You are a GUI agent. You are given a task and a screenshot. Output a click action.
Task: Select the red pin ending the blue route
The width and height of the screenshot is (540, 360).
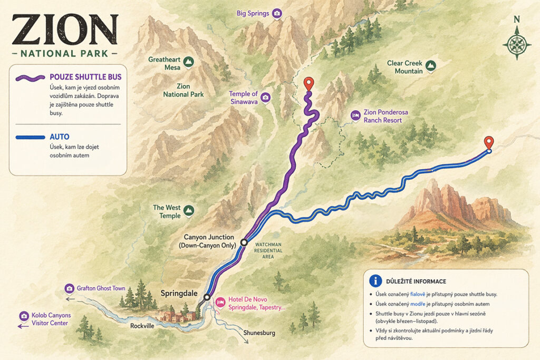point(489,142)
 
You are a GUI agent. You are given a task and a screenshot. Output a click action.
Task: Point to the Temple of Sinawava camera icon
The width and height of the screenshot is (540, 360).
point(265,98)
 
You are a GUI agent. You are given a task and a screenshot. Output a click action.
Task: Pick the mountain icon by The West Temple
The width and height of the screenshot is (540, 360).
point(189,211)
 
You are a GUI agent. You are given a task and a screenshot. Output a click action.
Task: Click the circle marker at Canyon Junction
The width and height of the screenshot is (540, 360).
point(244,242)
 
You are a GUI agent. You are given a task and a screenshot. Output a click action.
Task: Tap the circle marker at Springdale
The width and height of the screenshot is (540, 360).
point(207,297)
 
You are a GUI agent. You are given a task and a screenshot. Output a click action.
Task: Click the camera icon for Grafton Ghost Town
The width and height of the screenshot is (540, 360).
point(69,288)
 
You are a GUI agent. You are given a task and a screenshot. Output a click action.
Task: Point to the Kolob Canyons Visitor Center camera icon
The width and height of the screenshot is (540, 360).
point(24,316)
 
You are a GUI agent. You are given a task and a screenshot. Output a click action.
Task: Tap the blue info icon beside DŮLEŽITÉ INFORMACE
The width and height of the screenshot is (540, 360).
point(375,281)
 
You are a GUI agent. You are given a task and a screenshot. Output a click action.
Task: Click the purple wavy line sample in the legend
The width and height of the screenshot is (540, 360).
point(31,77)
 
